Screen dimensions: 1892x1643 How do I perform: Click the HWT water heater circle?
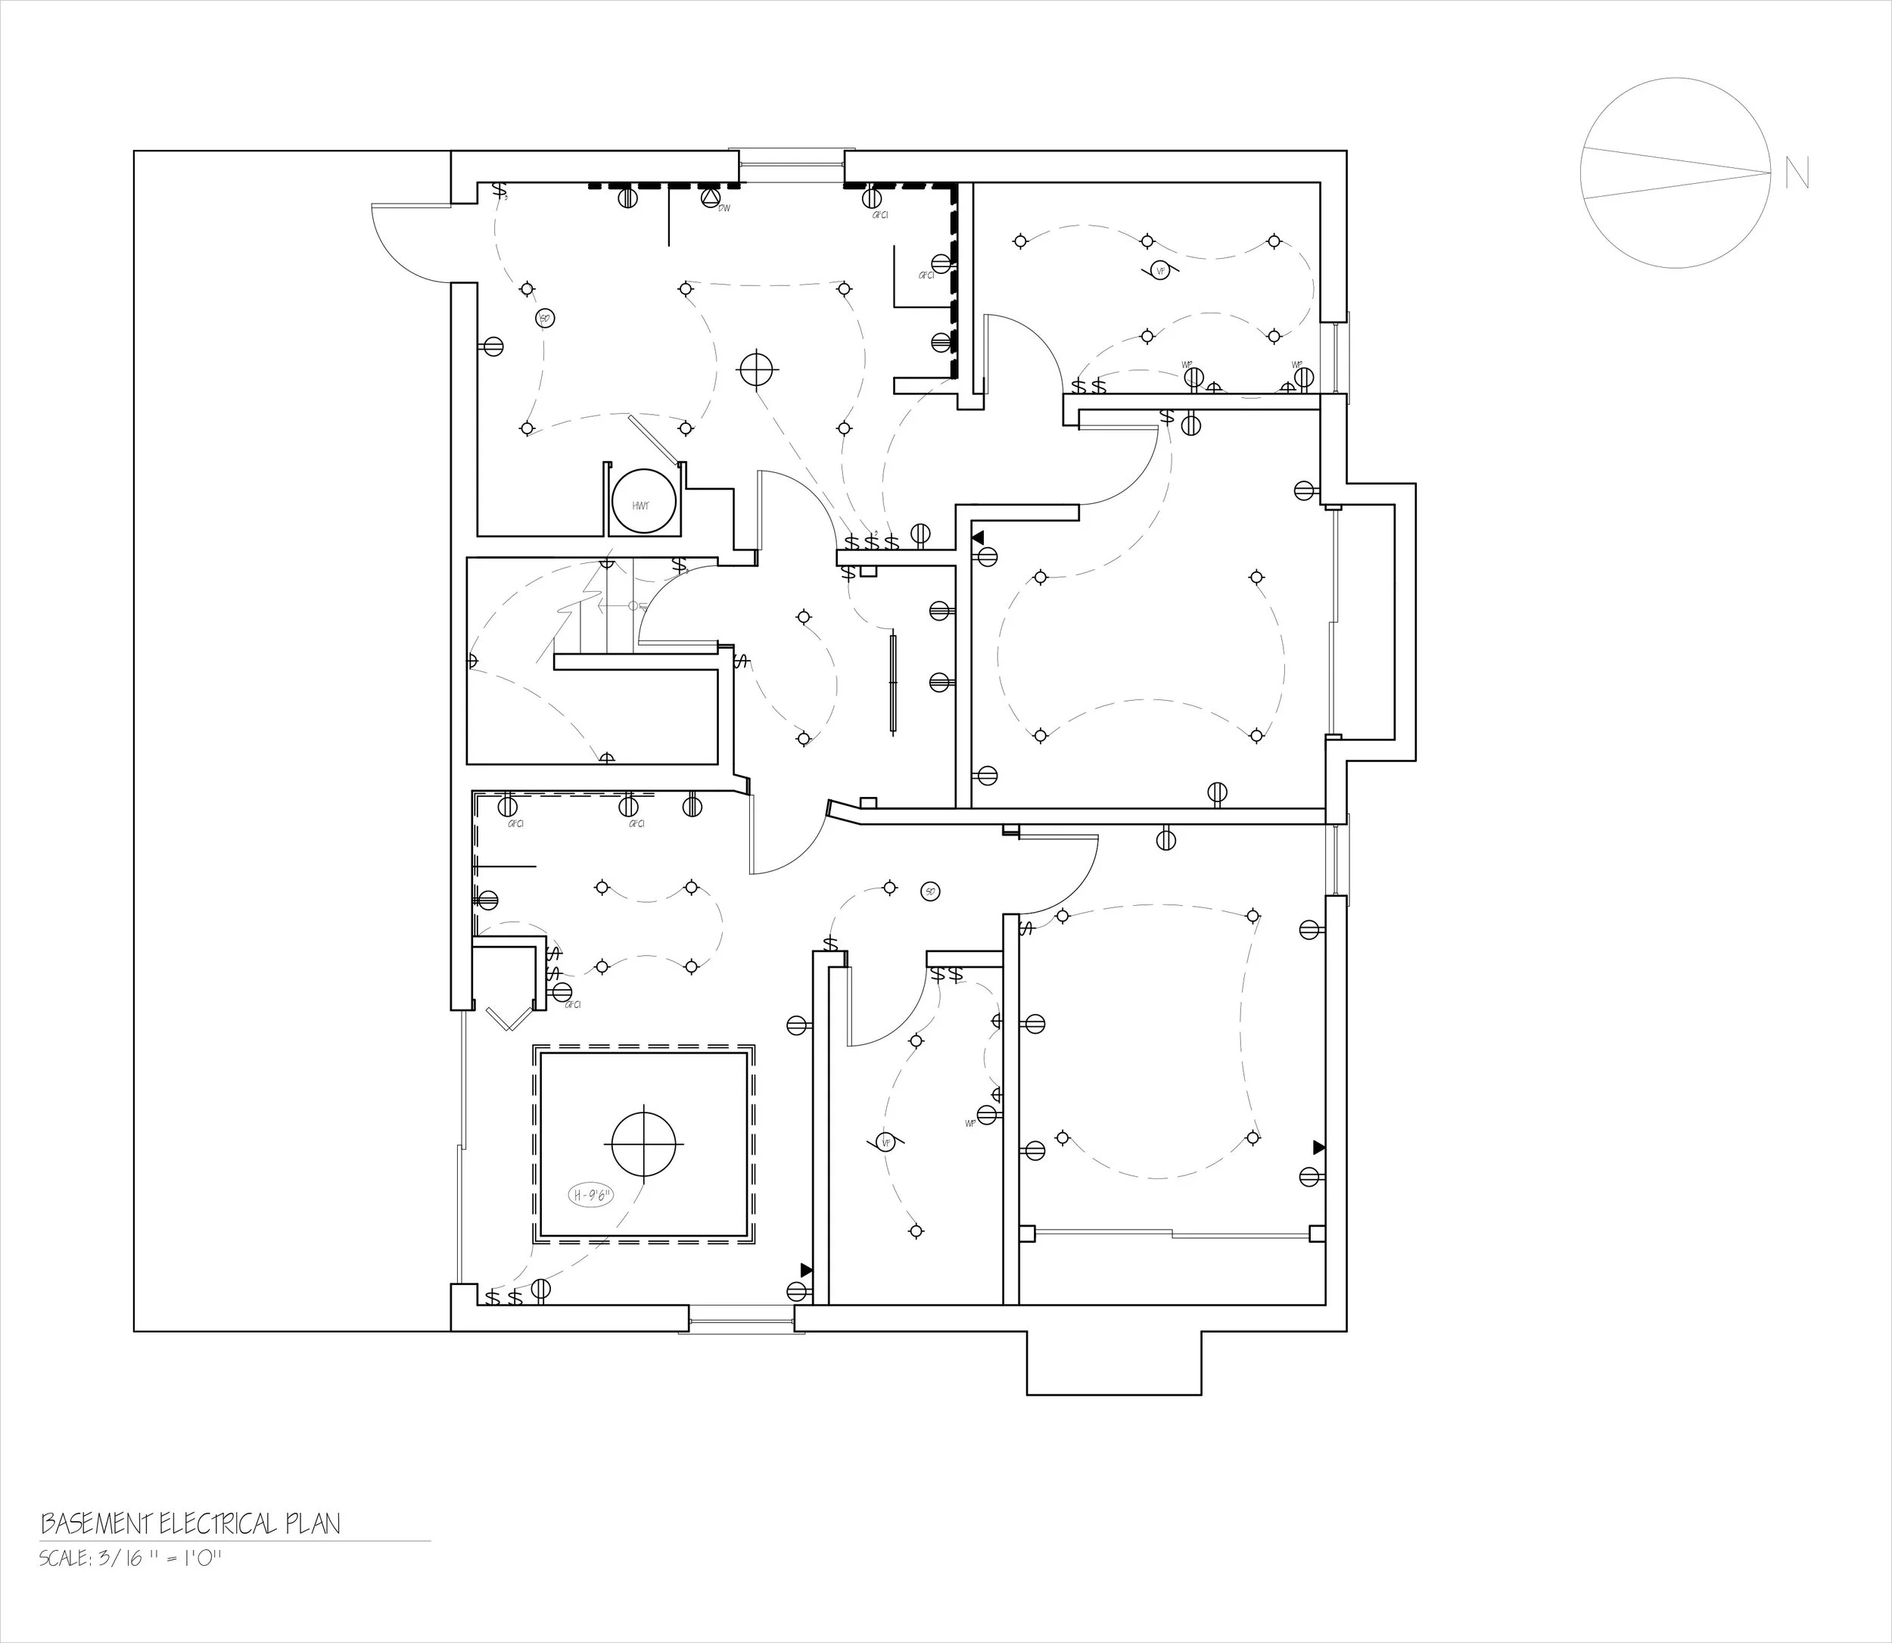pos(643,503)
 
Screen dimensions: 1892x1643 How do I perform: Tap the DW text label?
pos(724,208)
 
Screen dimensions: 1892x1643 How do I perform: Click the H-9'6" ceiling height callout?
pos(592,1196)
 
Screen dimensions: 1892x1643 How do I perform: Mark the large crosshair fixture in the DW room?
pos(756,369)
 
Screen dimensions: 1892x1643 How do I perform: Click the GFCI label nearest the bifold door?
pos(574,1005)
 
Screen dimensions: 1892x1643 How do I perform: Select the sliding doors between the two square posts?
pos(1172,1234)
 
